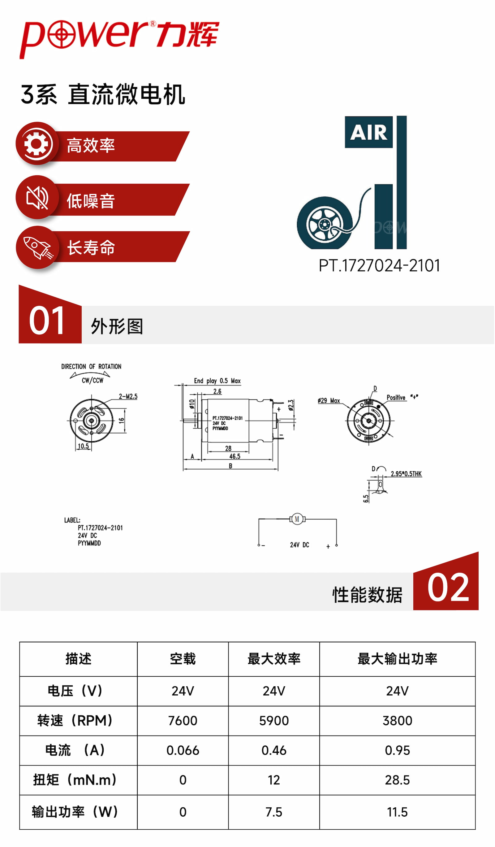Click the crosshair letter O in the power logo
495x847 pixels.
click(62, 34)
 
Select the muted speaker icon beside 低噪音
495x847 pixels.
click(37, 198)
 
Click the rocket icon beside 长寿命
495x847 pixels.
click(37, 248)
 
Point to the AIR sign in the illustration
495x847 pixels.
click(368, 132)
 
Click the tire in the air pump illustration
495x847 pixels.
click(325, 224)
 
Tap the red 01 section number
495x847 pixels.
click(47, 321)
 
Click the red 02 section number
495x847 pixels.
click(448, 588)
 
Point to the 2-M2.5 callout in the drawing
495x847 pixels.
click(128, 397)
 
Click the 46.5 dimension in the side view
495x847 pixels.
click(235, 456)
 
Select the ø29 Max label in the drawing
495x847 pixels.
click(329, 401)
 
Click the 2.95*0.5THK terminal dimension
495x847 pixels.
click(406, 474)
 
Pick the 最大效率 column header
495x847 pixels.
click(274, 659)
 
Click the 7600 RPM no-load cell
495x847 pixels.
click(183, 721)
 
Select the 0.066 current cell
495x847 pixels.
click(183, 750)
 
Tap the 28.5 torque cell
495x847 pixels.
click(397, 780)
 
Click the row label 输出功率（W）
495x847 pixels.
click(75, 812)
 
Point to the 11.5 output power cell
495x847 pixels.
click(397, 812)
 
